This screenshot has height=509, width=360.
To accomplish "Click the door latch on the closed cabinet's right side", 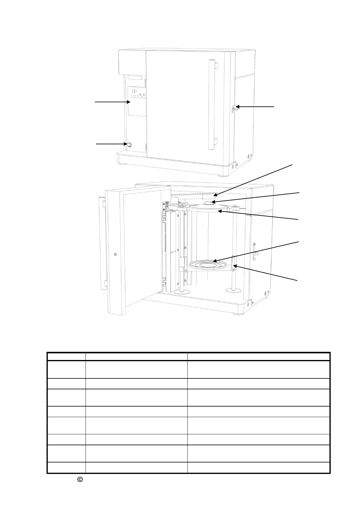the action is (235, 109).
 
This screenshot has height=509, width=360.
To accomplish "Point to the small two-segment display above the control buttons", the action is (135, 91).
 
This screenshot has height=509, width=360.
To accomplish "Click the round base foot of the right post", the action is (234, 290).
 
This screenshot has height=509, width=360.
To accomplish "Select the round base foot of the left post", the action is (181, 292).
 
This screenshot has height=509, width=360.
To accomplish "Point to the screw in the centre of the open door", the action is (116, 254).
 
